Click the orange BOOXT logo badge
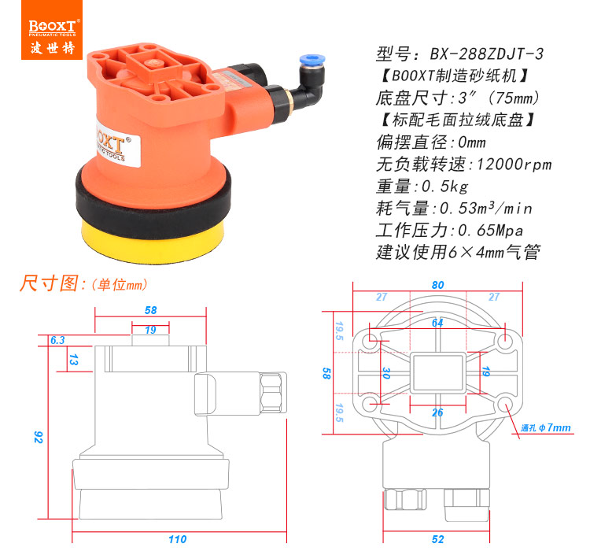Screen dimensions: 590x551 [52, 30]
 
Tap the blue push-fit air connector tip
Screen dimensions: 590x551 [312, 61]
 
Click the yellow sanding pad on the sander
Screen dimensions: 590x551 [153, 242]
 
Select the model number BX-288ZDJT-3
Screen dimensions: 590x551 [487, 54]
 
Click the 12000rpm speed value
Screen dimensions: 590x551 [514, 165]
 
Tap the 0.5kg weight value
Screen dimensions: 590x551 [444, 187]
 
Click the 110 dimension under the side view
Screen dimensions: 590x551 [177, 539]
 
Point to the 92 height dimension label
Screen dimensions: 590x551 [38, 438]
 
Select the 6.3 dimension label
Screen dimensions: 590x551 [57, 340]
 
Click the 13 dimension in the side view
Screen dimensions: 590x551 [73, 360]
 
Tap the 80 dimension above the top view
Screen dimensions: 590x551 [437, 285]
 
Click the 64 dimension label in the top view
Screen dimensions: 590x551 [437, 323]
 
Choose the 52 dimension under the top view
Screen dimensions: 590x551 [437, 539]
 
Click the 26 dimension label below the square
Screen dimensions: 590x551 [437, 412]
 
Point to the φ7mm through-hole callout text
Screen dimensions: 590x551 [546, 428]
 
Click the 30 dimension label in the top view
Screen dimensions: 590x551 [386, 373]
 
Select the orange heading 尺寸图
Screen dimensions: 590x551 [50, 283]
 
